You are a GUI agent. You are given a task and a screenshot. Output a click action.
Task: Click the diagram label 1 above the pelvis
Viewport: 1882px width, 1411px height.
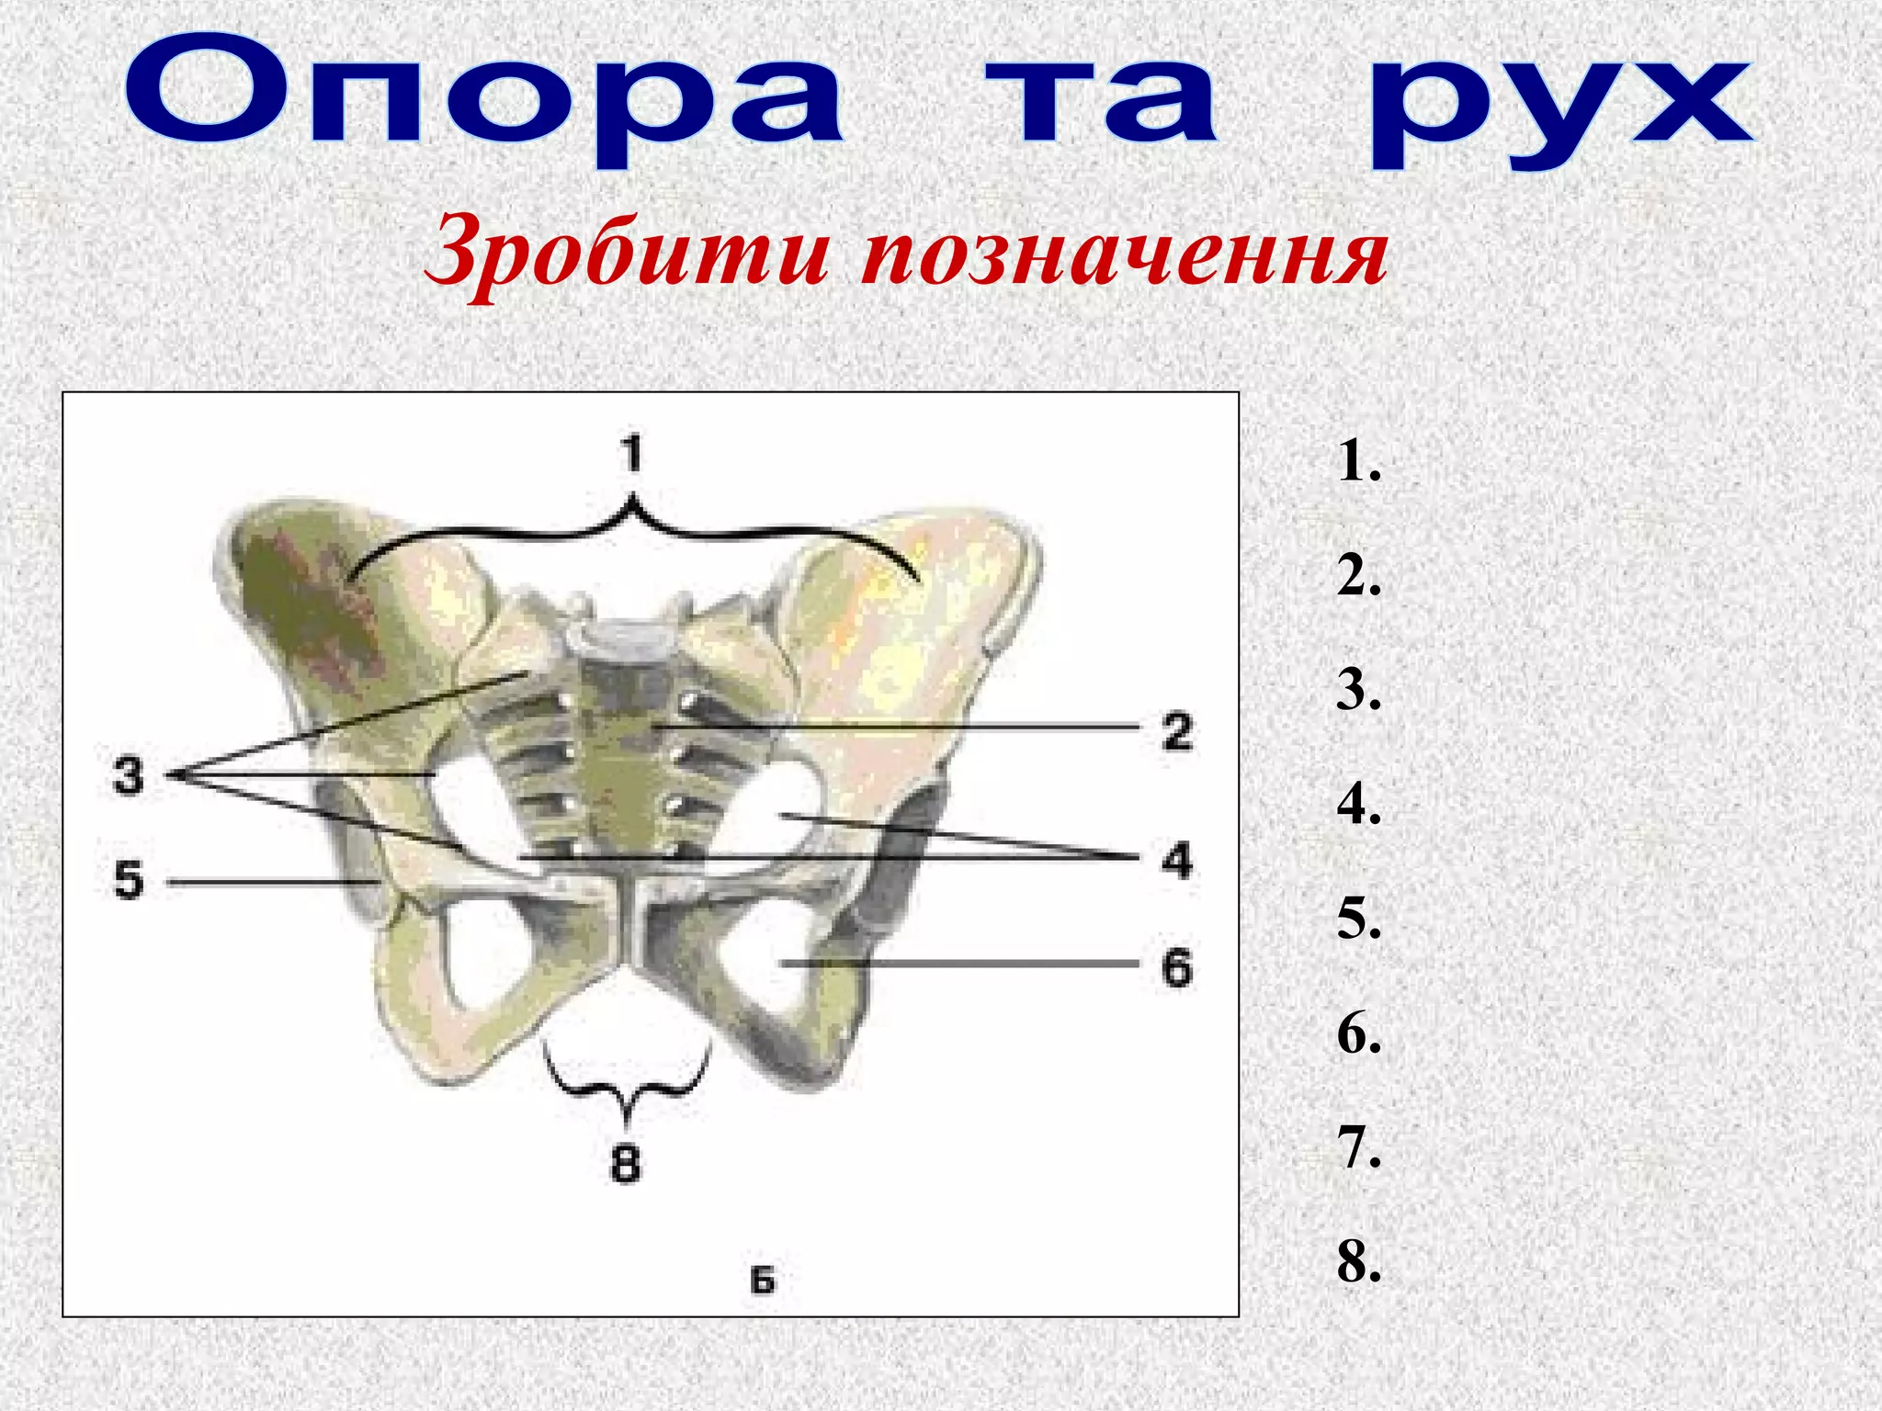631,454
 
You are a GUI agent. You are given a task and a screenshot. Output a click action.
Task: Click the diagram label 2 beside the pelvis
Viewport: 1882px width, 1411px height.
1177,731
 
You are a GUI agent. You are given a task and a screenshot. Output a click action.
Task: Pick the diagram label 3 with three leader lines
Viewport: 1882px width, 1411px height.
129,774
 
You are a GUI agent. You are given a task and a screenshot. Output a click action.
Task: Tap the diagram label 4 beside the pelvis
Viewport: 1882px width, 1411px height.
1176,861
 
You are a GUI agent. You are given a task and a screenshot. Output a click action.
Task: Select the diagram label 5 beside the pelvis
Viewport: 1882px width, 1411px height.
129,880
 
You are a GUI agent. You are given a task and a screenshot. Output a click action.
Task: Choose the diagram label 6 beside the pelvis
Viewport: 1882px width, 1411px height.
1176,967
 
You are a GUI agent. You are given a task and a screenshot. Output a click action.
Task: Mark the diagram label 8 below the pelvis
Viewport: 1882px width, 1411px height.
626,1164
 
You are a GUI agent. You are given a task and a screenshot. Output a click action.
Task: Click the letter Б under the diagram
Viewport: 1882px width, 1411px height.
763,1280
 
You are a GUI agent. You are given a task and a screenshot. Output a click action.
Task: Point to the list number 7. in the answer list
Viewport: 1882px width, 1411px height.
1358,1147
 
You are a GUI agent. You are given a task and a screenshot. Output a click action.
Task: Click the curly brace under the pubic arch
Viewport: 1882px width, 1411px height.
628,1084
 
